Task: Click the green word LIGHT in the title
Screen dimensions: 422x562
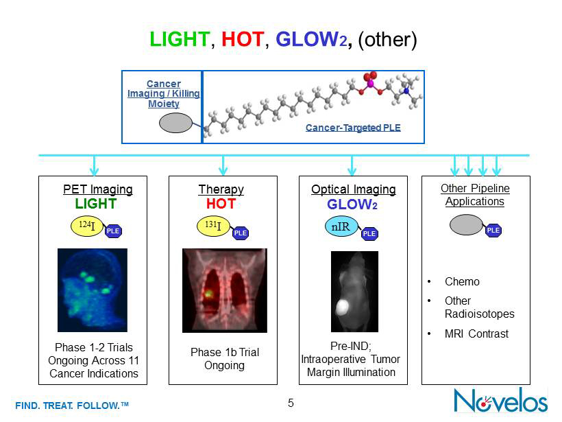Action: pos(180,40)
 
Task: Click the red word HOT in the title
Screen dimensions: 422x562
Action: pos(242,40)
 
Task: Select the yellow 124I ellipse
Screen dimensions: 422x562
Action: pos(88,226)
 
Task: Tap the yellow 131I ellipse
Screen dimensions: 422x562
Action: pos(215,227)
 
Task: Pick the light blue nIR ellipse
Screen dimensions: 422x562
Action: pos(341,226)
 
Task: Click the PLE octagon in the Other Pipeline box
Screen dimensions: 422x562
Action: pos(493,231)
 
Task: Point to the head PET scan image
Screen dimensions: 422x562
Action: pos(93,291)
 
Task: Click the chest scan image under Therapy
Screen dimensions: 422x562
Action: pos(224,290)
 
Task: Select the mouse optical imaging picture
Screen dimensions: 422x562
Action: pos(354,292)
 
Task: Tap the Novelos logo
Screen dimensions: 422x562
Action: pos(501,399)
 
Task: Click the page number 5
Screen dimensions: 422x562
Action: pos(291,403)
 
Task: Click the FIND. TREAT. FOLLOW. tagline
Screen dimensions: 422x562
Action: pos(72,406)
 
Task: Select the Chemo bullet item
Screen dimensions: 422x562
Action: pos(462,281)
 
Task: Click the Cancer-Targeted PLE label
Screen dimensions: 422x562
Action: pos(353,128)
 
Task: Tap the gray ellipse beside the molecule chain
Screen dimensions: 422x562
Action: pos(176,123)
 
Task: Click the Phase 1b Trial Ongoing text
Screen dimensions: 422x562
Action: pos(224,359)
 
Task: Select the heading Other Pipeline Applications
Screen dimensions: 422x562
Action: pos(475,195)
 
